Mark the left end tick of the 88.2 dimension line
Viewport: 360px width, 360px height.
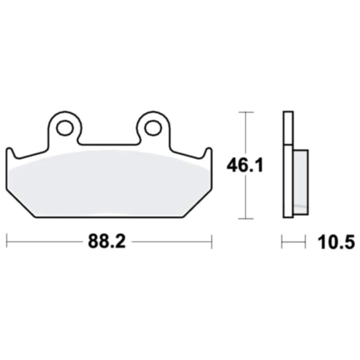(7, 242)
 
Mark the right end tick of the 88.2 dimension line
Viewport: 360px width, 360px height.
(211, 242)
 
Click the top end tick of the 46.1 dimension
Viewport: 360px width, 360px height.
(244, 112)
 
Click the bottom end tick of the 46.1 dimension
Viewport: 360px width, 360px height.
(244, 218)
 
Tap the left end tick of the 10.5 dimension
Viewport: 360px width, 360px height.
(282, 242)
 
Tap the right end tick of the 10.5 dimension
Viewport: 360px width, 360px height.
(305, 242)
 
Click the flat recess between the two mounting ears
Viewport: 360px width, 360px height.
(108, 143)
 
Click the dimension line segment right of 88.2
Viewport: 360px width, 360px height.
(173, 242)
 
